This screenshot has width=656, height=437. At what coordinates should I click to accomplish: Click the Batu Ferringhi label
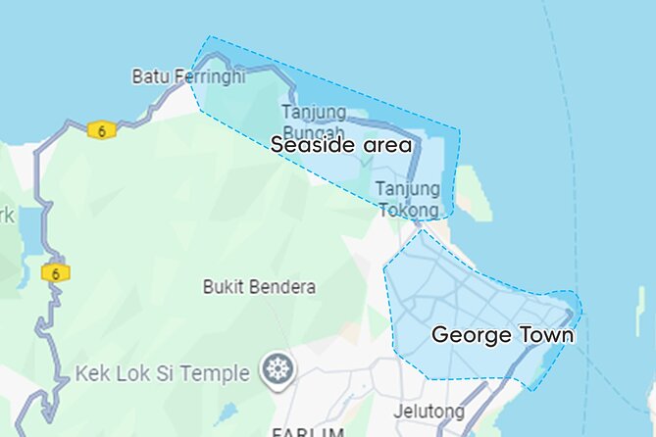[188, 75]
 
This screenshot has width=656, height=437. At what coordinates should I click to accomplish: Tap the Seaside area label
[341, 145]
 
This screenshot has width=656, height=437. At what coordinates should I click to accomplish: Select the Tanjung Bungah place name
[314, 122]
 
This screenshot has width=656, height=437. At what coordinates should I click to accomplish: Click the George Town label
[502, 335]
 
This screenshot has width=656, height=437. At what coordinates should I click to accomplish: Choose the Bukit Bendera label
[259, 287]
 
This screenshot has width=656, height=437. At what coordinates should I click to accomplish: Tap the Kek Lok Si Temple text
[163, 372]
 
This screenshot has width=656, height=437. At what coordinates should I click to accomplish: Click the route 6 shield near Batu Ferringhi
[101, 129]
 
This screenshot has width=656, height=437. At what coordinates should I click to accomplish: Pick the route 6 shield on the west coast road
[56, 273]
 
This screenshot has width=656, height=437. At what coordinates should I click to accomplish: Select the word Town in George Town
[546, 335]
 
